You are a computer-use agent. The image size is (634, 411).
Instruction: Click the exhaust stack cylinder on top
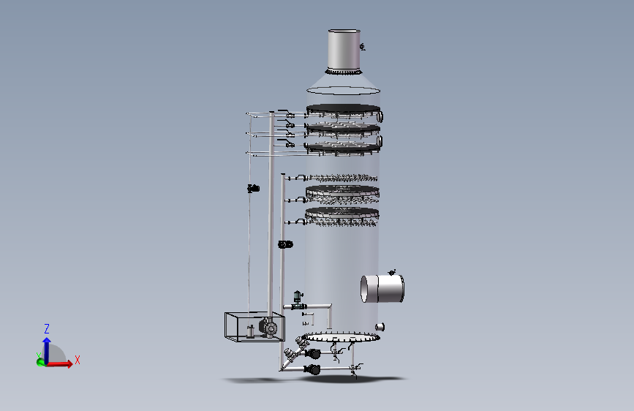click(344, 49)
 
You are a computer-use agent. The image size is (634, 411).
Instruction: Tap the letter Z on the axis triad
click(47, 328)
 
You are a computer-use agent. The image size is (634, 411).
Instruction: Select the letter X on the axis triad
click(78, 360)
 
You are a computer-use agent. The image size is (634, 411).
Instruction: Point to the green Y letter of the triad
click(39, 355)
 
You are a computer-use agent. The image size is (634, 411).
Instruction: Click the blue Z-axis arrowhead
click(47, 342)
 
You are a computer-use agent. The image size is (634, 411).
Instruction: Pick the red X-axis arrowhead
click(70, 363)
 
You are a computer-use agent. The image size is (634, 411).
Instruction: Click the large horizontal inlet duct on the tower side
click(382, 288)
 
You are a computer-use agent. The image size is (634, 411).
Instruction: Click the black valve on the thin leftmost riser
click(254, 188)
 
